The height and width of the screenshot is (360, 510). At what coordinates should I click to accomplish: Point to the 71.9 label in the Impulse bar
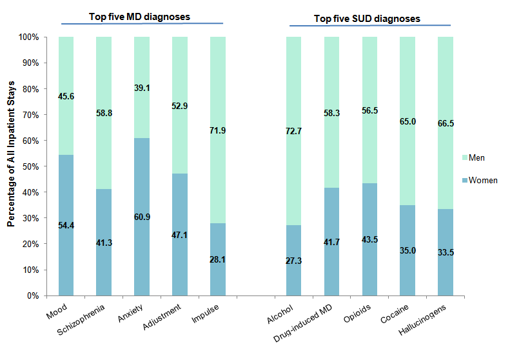tap(218, 130)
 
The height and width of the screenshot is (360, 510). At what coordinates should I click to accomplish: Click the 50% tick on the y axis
tap(30, 166)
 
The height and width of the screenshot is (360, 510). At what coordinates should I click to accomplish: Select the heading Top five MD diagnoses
tap(139, 17)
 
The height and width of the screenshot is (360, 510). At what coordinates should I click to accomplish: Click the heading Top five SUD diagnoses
tap(367, 19)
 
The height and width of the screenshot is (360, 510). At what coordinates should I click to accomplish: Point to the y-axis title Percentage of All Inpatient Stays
tap(11, 166)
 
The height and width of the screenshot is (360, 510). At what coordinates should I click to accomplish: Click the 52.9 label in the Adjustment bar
tap(180, 97)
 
